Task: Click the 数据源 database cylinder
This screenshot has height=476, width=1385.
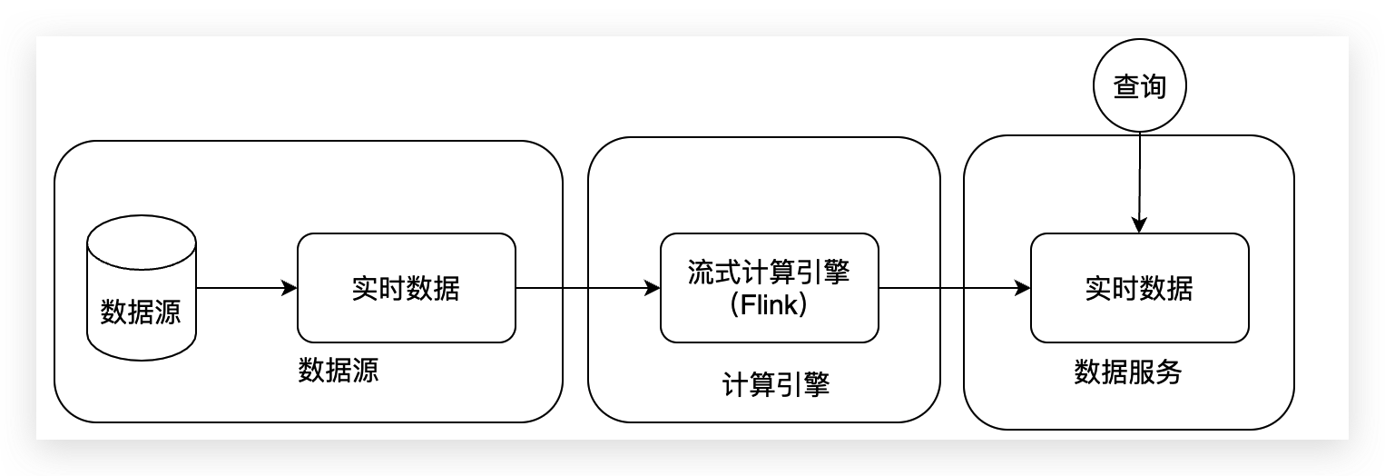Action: [x=141, y=291]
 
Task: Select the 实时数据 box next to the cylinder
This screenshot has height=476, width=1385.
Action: [x=406, y=288]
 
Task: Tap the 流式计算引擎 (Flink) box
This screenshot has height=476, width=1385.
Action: [x=769, y=288]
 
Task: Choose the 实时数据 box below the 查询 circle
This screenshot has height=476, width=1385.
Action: [x=1139, y=288]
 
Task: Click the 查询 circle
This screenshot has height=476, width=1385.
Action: [x=1139, y=87]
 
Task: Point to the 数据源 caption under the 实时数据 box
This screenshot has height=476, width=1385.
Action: [x=339, y=371]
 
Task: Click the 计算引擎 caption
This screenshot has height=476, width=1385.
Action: [x=776, y=386]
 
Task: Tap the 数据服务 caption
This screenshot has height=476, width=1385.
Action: [x=1128, y=372]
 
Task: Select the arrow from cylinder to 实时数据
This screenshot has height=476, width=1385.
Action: [x=241, y=288]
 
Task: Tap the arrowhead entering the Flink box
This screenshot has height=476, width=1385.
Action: [x=653, y=288]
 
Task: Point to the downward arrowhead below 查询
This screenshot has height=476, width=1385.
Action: [x=1139, y=225]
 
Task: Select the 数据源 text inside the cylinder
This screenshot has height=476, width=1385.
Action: [x=141, y=312]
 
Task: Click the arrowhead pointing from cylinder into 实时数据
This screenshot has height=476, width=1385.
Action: [x=290, y=288]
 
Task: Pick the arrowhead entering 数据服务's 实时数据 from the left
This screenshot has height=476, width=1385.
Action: [x=1023, y=288]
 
